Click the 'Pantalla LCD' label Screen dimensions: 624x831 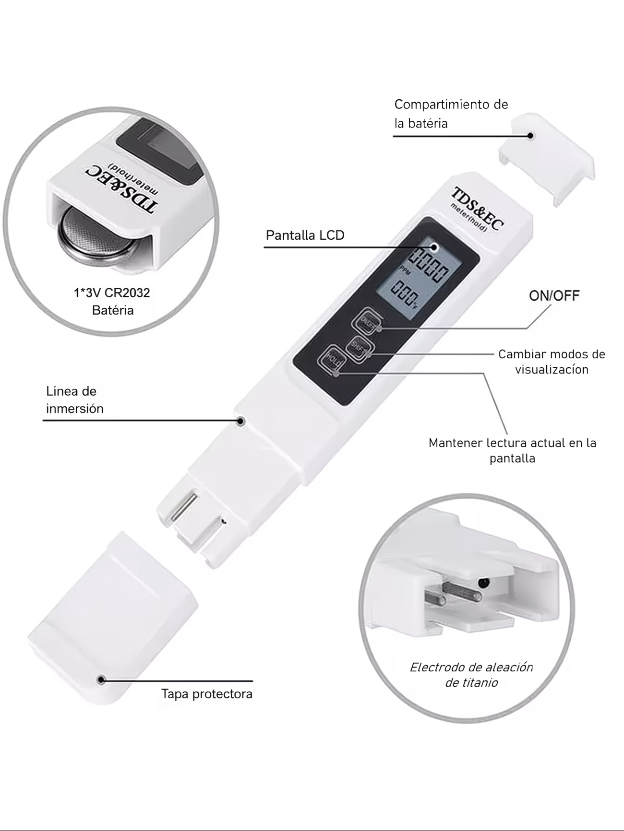pyautogui.click(x=305, y=235)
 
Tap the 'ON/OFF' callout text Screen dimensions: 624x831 pyautogui.click(x=554, y=295)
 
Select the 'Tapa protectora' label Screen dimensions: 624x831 pyautogui.click(x=207, y=694)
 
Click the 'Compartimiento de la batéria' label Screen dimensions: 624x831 pyautogui.click(x=451, y=114)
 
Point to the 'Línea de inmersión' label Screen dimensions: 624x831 pyautogui.click(x=75, y=399)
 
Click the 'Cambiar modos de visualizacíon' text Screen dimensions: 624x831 pyautogui.click(x=552, y=362)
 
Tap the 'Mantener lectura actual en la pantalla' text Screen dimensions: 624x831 pyautogui.click(x=512, y=450)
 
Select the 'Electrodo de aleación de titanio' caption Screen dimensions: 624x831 pyautogui.click(x=471, y=675)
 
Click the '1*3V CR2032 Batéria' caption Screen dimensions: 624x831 pyautogui.click(x=112, y=301)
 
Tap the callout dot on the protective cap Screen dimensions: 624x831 pyautogui.click(x=101, y=679)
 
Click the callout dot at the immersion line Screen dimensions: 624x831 pyautogui.click(x=241, y=421)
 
